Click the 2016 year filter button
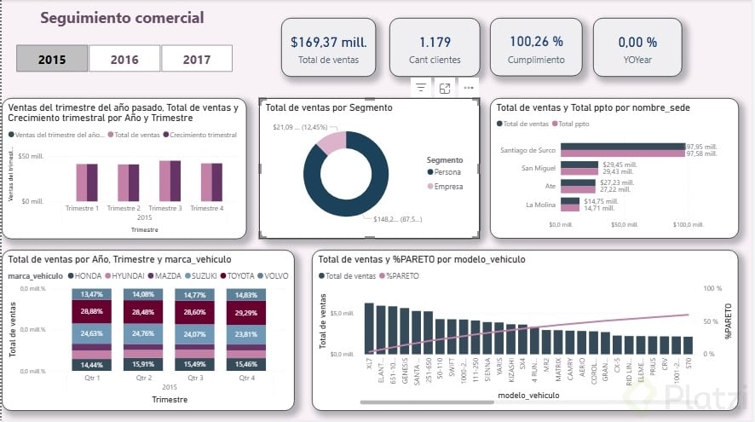point(124,60)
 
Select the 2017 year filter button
point(197,60)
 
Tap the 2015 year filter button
point(52,60)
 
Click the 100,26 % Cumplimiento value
point(536,41)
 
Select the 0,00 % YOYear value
point(637,41)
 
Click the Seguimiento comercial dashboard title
point(122,18)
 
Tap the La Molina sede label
point(541,204)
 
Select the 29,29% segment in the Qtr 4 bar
point(247,313)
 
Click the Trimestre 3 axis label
point(165,208)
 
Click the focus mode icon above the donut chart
point(445,88)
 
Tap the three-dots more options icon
point(469,88)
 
